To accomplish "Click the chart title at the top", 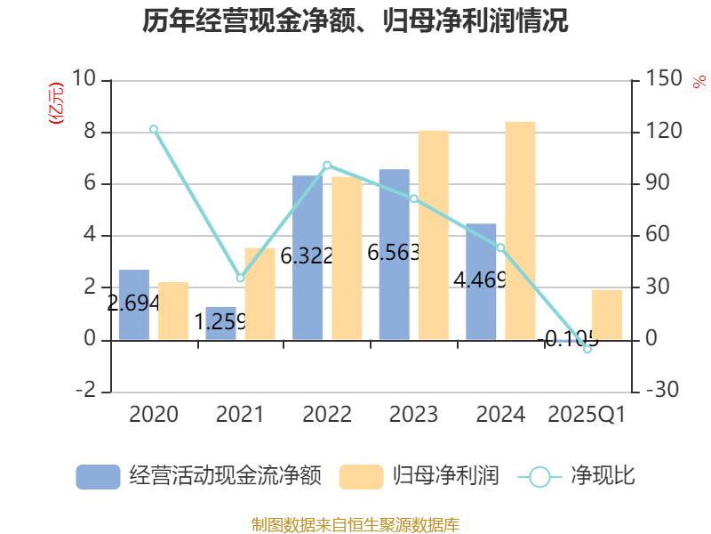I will pos(355,21).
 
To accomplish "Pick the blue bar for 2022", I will pos(308,257).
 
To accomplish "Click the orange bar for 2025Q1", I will pos(607,314).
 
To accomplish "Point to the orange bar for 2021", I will pos(260,294).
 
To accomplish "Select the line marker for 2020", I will pos(154,129).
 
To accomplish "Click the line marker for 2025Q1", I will pos(587,349).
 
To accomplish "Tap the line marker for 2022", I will pos(327,165).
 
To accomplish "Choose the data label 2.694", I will pos(133,303).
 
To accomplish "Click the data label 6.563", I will pos(393,254).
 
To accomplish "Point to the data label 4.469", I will pos(480,280).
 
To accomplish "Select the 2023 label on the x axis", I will pos(414,415).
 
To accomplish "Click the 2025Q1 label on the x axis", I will pos(587,415).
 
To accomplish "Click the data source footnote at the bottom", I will pos(355,524).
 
